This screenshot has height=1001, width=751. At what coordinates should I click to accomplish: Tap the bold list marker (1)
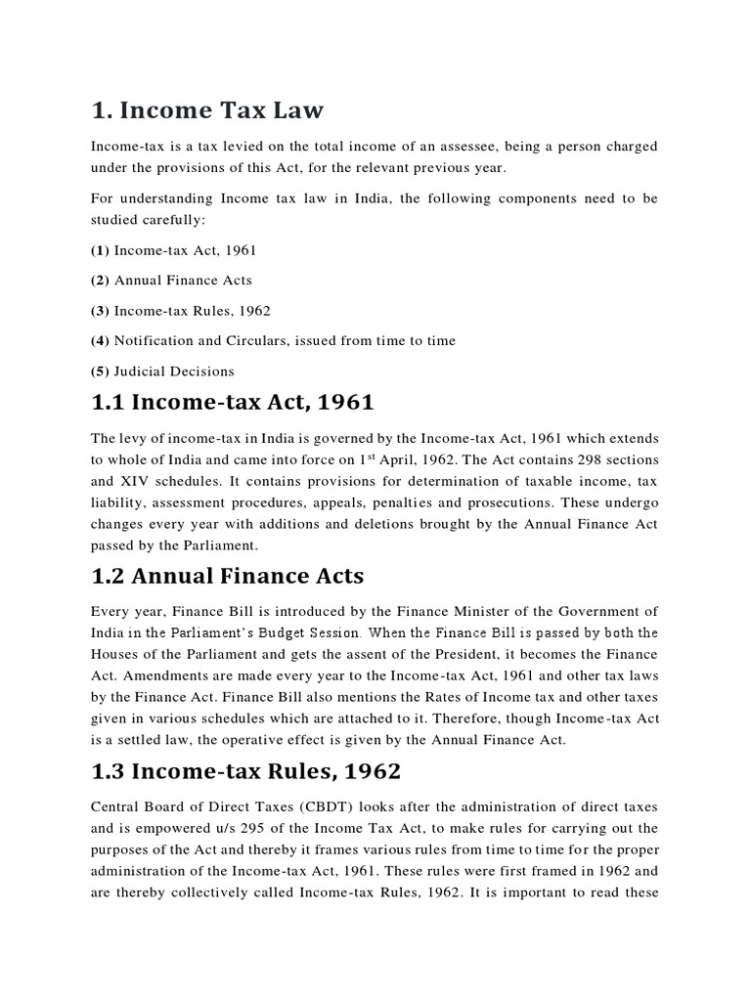[x=100, y=250]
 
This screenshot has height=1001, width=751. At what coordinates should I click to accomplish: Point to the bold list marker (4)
[x=100, y=341]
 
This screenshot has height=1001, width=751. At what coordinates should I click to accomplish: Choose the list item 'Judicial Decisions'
[x=174, y=371]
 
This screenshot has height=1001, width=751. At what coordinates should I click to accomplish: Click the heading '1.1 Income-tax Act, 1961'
[x=232, y=403]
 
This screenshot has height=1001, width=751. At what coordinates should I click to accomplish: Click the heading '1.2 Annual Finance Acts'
[x=227, y=578]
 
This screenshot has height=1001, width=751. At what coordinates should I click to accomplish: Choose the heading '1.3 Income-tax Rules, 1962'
[x=245, y=771]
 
